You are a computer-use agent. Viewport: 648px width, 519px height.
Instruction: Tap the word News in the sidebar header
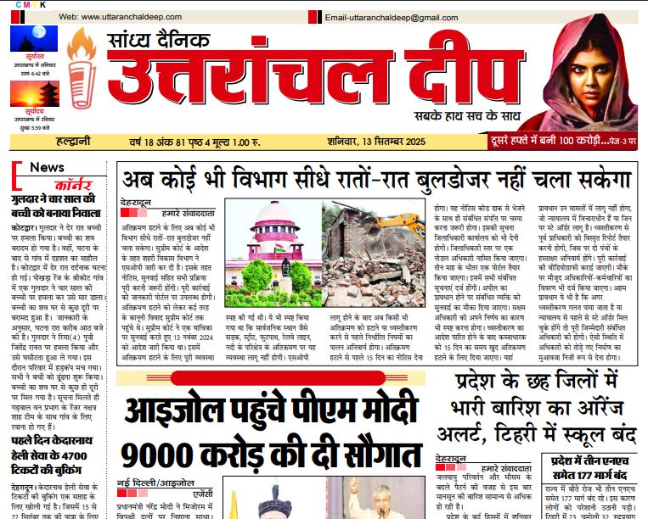[48, 167]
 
